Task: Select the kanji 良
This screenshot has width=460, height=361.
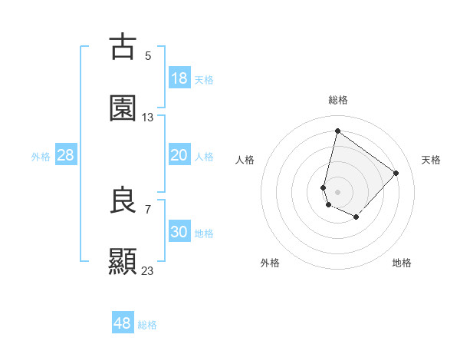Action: click(123, 201)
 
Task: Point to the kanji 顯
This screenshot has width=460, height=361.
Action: click(123, 261)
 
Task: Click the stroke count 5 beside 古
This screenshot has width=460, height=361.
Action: click(148, 55)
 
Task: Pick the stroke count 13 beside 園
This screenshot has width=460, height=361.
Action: click(148, 118)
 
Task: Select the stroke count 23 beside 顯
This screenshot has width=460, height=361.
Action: click(148, 270)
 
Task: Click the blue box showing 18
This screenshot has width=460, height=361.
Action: click(179, 78)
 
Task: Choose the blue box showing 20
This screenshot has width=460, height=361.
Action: click(179, 156)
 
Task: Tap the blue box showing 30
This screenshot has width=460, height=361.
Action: click(179, 232)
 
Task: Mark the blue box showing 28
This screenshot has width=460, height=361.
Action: click(66, 156)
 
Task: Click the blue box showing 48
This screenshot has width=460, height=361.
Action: click(123, 323)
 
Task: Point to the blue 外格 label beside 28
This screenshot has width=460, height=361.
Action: click(41, 157)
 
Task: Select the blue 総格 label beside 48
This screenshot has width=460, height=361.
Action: click(147, 324)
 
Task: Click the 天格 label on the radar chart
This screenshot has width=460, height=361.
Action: click(431, 160)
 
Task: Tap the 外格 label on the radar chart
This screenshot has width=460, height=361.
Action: click(270, 263)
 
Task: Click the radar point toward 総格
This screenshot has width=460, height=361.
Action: click(337, 131)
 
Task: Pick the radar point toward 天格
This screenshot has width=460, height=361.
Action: click(396, 173)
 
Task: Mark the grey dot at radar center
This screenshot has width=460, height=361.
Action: click(337, 191)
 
